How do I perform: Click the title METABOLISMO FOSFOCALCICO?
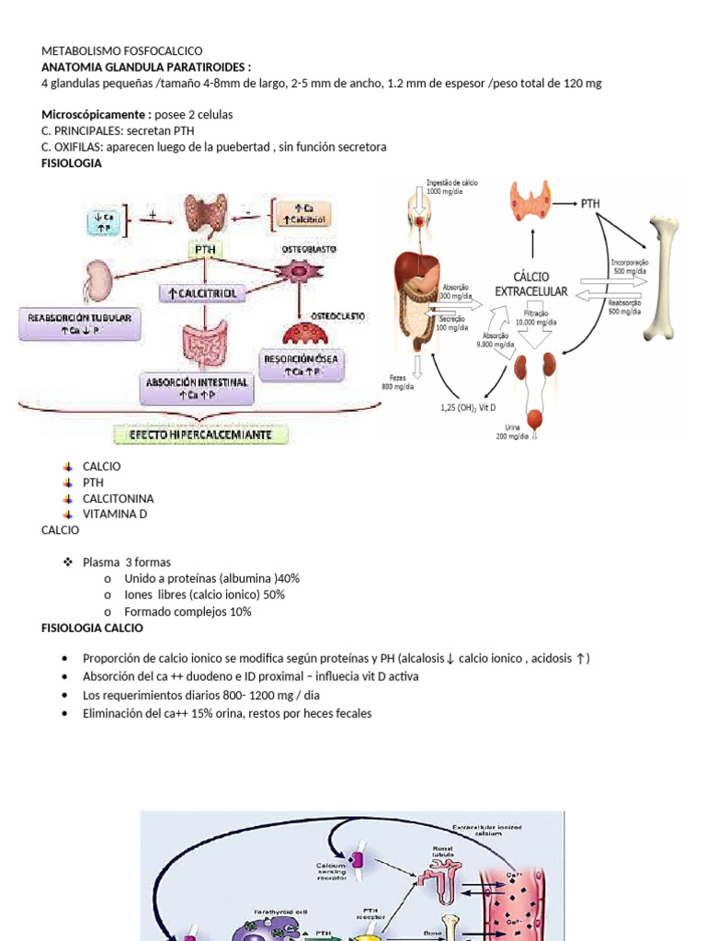pyautogui.click(x=122, y=51)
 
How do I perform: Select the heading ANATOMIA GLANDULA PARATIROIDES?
pyautogui.click(x=145, y=67)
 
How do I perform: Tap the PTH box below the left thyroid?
pyautogui.click(x=205, y=249)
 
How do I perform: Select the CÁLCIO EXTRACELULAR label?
pyautogui.click(x=531, y=283)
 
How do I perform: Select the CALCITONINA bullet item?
pyautogui.click(x=118, y=498)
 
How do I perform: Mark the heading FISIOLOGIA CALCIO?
pyautogui.click(x=92, y=628)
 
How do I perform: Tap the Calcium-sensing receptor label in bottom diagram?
pyautogui.click(x=331, y=869)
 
